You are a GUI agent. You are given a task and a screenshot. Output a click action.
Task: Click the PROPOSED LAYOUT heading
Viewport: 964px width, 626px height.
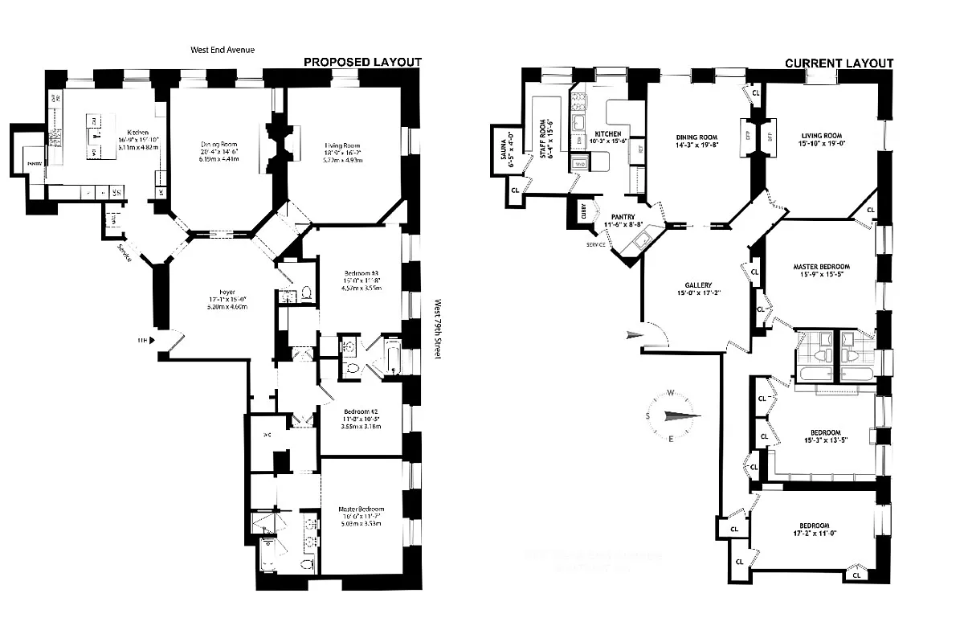click(x=361, y=63)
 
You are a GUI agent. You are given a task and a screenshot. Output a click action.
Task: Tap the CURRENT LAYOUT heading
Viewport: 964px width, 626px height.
click(x=839, y=63)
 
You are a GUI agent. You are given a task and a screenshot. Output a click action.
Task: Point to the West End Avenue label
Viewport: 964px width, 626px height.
click(x=223, y=50)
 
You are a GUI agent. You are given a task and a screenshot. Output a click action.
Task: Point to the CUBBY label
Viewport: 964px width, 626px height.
click(x=585, y=211)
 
